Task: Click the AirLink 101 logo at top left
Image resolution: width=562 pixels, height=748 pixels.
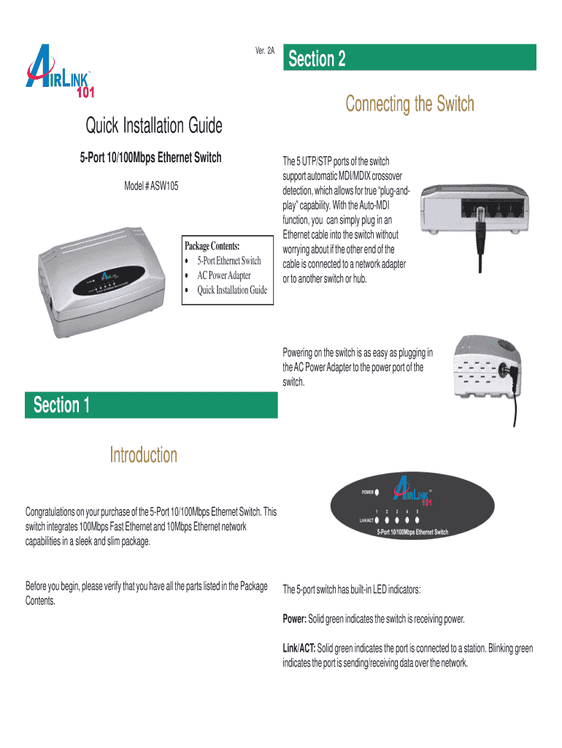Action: tap(60, 72)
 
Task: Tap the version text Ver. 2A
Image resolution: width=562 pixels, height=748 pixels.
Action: tap(264, 50)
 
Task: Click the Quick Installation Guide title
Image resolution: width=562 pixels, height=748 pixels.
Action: tap(154, 126)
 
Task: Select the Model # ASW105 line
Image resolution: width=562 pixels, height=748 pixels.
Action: tap(151, 186)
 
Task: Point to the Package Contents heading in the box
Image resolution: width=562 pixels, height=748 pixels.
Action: tap(212, 246)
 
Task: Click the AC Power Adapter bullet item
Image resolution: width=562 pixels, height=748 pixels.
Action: tap(224, 275)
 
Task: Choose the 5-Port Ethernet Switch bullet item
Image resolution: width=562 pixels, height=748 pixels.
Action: tap(229, 261)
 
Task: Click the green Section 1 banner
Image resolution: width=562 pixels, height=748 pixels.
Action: tap(151, 405)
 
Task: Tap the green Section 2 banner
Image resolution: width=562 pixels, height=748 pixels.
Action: tap(409, 57)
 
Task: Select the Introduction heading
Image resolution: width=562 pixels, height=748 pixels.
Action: tap(144, 455)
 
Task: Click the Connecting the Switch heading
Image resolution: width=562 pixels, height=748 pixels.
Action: tap(410, 104)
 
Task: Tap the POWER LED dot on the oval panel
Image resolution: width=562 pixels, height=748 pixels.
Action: tap(377, 492)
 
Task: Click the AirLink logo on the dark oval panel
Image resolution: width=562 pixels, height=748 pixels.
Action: tap(413, 490)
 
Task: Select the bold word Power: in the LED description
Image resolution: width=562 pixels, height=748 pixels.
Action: tap(295, 619)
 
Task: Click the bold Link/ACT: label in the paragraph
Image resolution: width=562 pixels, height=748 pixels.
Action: tap(299, 649)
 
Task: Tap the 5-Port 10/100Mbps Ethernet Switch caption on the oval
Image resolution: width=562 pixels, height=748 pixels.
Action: tap(412, 532)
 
